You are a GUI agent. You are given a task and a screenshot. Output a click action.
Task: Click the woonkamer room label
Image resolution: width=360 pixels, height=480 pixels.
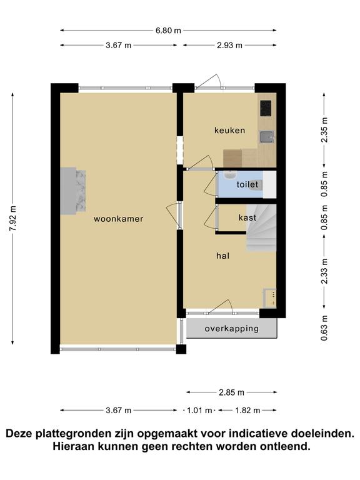[119, 219]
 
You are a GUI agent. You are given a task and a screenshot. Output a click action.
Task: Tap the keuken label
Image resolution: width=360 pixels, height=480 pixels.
[229, 131]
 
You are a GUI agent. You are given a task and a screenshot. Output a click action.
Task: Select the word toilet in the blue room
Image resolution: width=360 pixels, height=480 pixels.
[247, 184]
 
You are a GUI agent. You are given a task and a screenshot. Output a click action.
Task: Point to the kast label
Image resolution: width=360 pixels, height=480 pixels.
[247, 217]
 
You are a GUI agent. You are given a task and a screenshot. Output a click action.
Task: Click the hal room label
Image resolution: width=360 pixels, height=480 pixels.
[222, 256]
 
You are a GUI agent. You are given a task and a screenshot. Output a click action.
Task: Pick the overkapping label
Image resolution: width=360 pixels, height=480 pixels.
[232, 329]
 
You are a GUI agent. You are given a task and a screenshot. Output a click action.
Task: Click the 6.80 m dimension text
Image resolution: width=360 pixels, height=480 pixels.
[168, 30]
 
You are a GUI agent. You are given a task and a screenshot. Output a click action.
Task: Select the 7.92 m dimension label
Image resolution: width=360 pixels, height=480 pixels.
[13, 219]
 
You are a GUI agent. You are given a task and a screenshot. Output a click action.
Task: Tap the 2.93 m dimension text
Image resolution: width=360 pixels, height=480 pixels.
[229, 45]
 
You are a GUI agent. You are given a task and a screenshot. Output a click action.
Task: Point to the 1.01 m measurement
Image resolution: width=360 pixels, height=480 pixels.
[199, 410]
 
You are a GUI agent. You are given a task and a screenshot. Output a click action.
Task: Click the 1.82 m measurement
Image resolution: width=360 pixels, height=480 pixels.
[247, 410]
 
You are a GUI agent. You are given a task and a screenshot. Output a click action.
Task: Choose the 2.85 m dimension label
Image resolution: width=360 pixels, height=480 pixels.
[231, 392]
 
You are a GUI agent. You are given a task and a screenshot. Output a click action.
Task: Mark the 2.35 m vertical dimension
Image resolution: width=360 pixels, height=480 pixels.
[324, 129]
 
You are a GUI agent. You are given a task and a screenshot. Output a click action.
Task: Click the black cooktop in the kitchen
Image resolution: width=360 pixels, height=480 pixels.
[266, 108]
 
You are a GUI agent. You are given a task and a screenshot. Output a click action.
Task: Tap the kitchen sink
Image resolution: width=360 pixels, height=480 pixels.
[267, 137]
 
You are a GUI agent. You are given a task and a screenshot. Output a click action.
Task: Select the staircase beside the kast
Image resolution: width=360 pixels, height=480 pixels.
[261, 227]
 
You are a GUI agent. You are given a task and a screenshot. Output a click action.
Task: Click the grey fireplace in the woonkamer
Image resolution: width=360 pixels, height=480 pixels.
[73, 191]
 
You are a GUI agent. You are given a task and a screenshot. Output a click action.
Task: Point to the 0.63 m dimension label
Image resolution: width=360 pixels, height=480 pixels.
[324, 328]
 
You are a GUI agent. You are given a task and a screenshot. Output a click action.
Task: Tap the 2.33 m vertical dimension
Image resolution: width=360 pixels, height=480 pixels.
[324, 271]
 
